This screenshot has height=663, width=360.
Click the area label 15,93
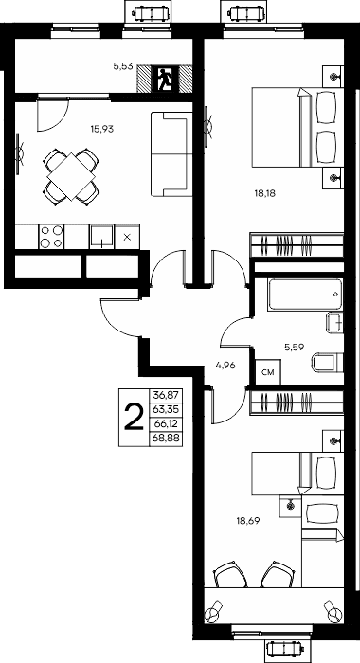pos(102,129)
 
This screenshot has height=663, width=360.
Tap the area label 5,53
pos(123,66)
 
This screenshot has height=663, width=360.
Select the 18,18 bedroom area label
pos(264,193)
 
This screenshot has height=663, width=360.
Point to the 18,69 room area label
pos(247,521)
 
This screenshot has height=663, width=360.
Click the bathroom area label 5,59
pos(295,348)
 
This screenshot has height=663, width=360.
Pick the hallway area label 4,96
pos(225,366)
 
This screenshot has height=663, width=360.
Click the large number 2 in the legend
pos(134,417)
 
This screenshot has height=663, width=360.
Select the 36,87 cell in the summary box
pos(166,395)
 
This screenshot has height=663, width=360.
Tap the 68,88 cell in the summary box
pos(166,439)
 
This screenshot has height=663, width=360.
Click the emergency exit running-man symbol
pos(165,79)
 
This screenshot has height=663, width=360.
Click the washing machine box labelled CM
pos(268,372)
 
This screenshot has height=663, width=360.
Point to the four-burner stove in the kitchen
pos(51,237)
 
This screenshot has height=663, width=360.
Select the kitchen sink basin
pos(101,236)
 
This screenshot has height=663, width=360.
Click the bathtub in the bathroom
pos(305,295)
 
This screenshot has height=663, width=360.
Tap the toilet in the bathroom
pos(328,363)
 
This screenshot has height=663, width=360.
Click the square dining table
pos(71,177)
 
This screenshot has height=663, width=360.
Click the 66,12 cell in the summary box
pos(166,424)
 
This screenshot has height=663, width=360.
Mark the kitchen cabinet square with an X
pos(127,237)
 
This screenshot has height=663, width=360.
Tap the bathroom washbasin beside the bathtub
pos(334,324)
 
